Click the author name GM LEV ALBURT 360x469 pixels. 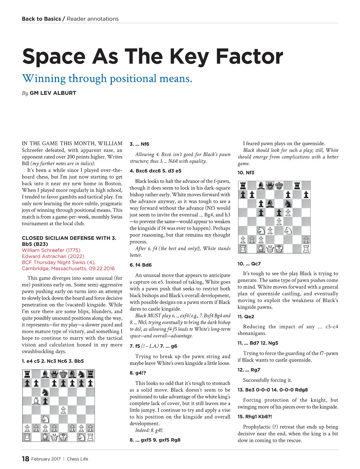pos(53,93)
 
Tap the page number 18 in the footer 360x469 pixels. pos(25,459)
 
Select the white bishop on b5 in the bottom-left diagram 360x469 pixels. pos(36,401)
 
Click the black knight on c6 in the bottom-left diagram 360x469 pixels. pos(45,392)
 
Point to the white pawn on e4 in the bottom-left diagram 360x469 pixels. pos(63,410)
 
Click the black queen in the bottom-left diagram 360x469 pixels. pos(54,374)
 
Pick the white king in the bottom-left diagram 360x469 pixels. pos(63,437)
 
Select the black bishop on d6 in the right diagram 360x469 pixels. pos(270,204)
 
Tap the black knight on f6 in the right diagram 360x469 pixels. pos(288,204)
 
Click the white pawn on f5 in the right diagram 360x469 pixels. pos(288,212)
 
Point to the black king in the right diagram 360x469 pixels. pos(279,185)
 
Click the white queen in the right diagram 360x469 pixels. pos(270,249)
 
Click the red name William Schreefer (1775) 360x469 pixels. pos(51,250)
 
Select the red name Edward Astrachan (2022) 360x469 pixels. pos(53,256)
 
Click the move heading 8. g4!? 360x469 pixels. pos(137,373)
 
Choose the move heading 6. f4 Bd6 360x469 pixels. pos(141,265)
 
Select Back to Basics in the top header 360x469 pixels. pos(41,19)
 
